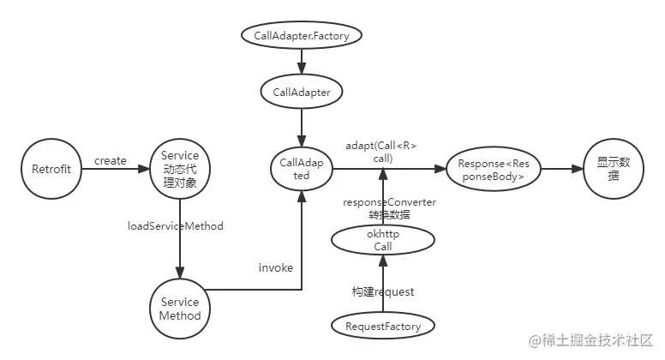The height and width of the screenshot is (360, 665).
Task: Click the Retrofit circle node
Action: [x=52, y=169]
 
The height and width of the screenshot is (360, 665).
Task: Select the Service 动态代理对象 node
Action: [x=180, y=169]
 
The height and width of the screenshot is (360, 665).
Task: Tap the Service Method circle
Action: [x=180, y=309]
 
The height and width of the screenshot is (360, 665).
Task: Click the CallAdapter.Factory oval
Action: [x=301, y=36]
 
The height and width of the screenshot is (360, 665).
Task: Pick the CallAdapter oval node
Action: [x=301, y=92]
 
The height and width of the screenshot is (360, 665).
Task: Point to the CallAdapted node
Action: [x=301, y=169]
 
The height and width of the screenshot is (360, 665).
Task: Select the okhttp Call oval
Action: [x=383, y=240]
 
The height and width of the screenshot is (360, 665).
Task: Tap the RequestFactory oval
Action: [x=383, y=326]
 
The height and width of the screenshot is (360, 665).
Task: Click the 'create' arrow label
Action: [x=111, y=160]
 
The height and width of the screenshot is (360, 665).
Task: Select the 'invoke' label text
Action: [x=276, y=267]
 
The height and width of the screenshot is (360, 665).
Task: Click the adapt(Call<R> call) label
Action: [x=381, y=152]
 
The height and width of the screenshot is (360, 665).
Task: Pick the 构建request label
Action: [x=383, y=291]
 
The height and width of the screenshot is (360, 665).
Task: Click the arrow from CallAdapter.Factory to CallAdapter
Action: [x=301, y=63]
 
